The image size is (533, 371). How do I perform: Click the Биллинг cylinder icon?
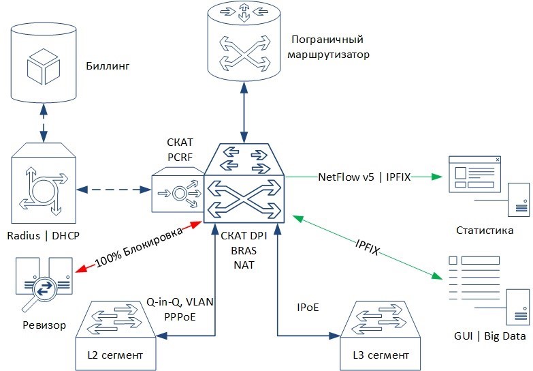coord(44,65)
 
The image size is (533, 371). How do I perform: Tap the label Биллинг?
coord(108,66)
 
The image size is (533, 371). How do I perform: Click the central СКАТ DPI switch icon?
coord(244,181)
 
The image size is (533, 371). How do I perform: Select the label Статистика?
coord(486,231)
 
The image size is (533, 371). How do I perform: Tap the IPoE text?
coord(308,308)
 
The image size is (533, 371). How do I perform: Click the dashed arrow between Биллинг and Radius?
coord(44,122)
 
